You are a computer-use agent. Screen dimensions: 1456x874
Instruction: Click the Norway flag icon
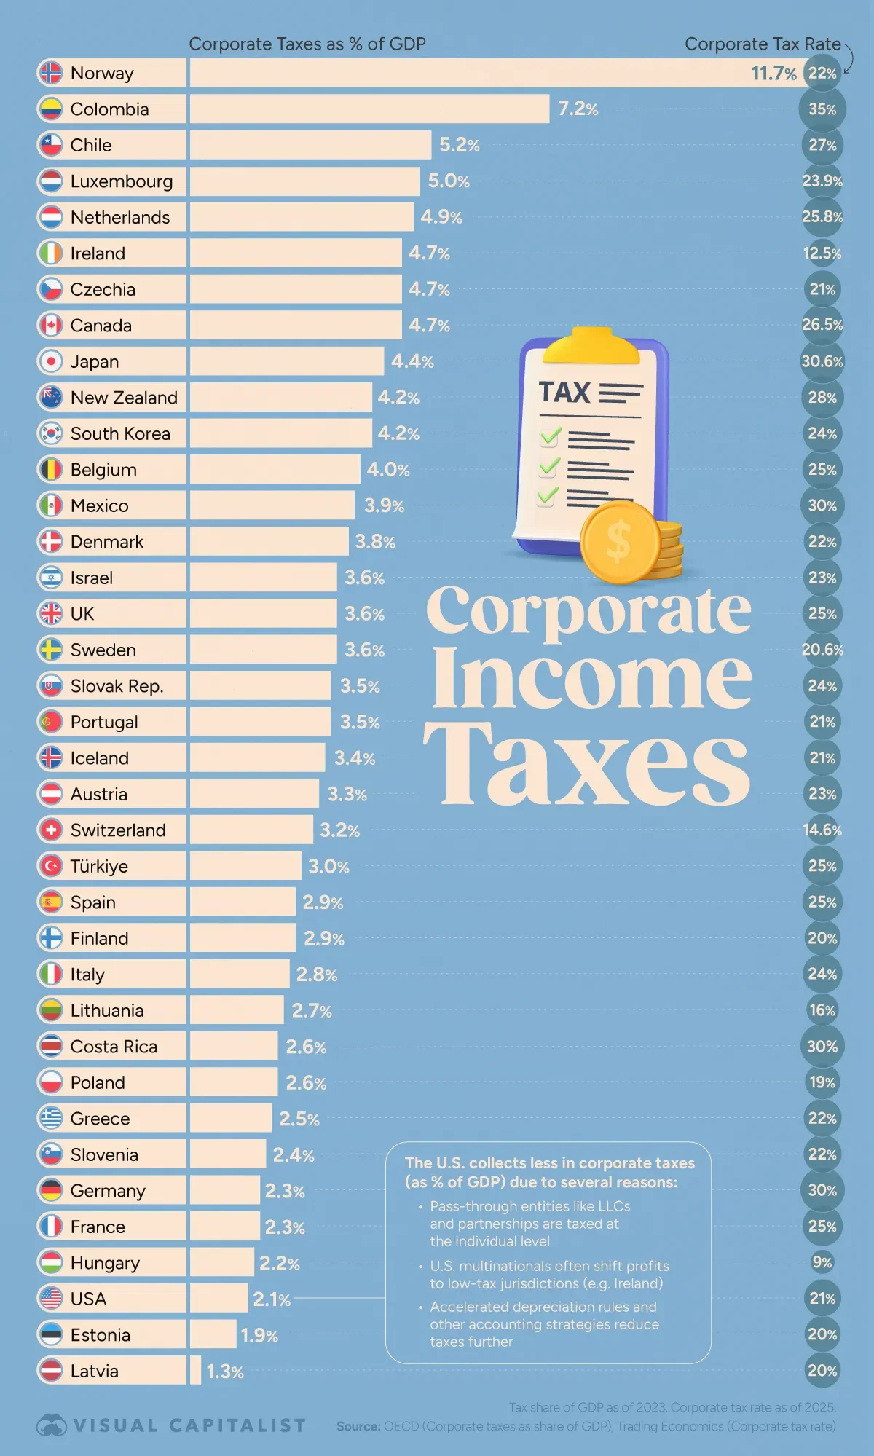point(50,73)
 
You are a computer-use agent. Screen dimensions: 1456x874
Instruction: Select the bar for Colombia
point(369,109)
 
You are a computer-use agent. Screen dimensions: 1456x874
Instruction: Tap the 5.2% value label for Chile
point(459,145)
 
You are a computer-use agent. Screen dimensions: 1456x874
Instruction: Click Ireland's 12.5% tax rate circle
point(822,253)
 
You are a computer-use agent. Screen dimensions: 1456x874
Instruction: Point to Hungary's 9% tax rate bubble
point(822,1262)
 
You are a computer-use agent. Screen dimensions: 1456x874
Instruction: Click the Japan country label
point(95,361)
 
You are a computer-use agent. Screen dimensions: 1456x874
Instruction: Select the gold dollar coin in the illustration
point(620,542)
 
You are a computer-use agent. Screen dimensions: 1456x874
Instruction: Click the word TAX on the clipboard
point(564,393)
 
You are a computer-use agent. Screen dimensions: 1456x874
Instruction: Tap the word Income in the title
point(591,679)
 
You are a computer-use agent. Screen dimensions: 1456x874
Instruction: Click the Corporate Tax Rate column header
point(763,44)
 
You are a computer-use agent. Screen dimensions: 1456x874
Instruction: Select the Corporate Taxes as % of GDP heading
point(307,44)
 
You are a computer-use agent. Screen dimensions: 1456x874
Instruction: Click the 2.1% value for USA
point(272,1299)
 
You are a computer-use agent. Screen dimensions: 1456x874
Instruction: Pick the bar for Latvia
point(195,1370)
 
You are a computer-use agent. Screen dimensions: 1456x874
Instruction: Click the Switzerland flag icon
point(50,830)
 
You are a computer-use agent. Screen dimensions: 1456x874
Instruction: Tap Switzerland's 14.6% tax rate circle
point(822,830)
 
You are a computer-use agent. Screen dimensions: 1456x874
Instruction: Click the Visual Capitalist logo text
point(189,1425)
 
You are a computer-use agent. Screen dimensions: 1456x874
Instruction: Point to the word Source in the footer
point(358,1426)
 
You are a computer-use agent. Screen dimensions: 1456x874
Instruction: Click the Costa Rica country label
point(114,1047)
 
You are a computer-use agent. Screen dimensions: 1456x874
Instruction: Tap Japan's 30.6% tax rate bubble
point(822,361)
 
